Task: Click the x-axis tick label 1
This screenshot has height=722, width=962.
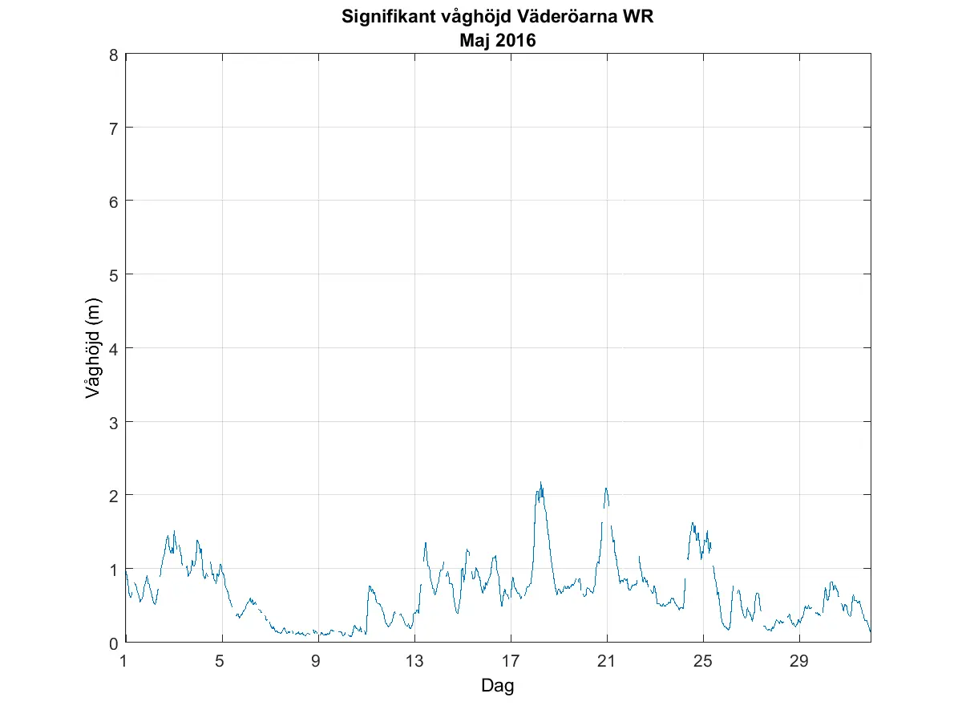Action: click(124, 662)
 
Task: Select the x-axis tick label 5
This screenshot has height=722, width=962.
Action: click(220, 662)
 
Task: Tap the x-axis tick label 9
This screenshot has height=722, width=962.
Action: click(317, 662)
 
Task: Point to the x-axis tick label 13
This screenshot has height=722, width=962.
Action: click(414, 662)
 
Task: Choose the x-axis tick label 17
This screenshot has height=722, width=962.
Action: click(510, 662)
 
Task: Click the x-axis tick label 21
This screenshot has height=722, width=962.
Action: click(606, 662)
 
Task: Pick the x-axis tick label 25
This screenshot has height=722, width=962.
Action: click(702, 662)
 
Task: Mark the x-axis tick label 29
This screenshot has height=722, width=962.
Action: click(798, 662)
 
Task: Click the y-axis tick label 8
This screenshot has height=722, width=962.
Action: click(115, 55)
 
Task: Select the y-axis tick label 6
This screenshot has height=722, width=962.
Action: click(115, 201)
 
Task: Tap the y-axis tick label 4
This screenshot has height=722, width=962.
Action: click(115, 348)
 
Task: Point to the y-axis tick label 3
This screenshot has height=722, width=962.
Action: click(115, 422)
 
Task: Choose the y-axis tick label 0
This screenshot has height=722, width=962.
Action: click(115, 643)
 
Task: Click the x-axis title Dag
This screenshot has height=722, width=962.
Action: click(497, 686)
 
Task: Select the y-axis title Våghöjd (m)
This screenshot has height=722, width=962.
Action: click(94, 348)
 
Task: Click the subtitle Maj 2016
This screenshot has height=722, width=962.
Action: click(497, 40)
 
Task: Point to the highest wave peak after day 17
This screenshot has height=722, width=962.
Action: click(541, 483)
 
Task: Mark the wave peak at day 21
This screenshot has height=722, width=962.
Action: click(606, 489)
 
